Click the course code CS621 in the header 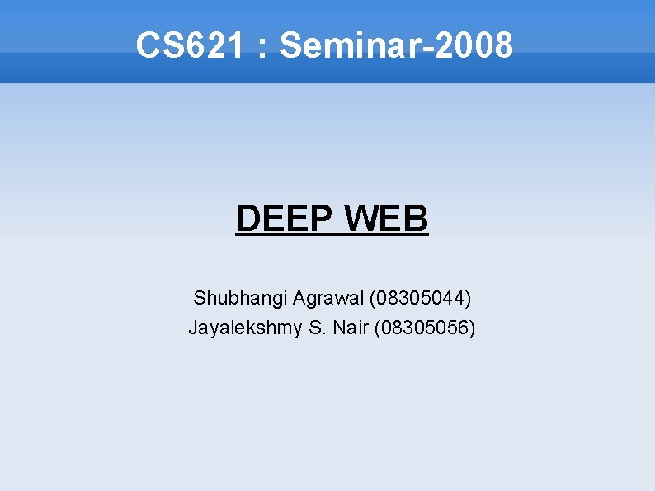click(x=190, y=45)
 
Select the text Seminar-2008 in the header click(x=396, y=45)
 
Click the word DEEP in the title click(x=284, y=220)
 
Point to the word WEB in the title click(x=387, y=220)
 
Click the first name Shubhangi click(x=239, y=296)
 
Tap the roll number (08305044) click(x=421, y=296)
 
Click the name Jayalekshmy click(x=245, y=328)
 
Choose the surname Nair click(x=351, y=328)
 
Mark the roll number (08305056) click(x=425, y=328)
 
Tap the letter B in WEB click(x=417, y=220)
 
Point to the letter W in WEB click(x=361, y=220)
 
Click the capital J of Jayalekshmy click(x=193, y=328)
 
